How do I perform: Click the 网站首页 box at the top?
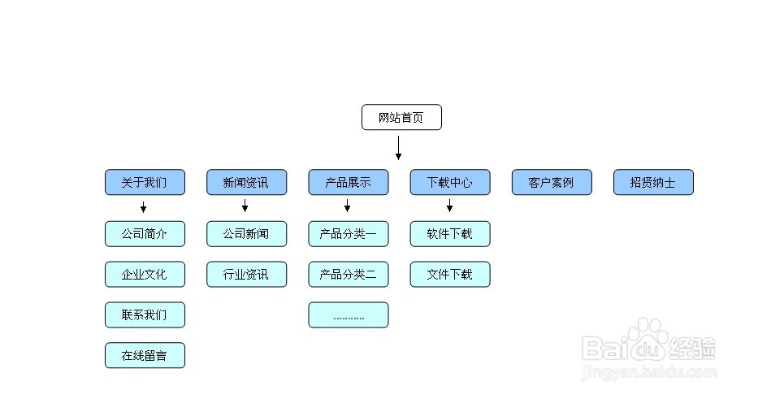(401, 117)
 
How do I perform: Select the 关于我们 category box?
(145, 182)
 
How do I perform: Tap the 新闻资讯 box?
(246, 182)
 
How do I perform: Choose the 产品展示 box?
(348, 182)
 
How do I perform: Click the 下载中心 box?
(449, 182)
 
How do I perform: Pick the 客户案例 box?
(552, 182)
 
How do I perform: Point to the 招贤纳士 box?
(653, 182)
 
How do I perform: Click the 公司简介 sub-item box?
(145, 234)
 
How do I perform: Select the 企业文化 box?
(145, 274)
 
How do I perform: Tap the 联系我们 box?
(145, 314)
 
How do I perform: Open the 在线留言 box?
(145, 355)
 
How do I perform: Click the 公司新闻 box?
(246, 234)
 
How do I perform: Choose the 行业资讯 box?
(246, 274)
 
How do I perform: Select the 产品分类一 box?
(348, 234)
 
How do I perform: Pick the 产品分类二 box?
(348, 274)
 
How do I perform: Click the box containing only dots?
(348, 314)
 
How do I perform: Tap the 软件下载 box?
(449, 234)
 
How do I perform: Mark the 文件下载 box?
(449, 274)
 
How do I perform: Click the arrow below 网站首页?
(398, 148)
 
